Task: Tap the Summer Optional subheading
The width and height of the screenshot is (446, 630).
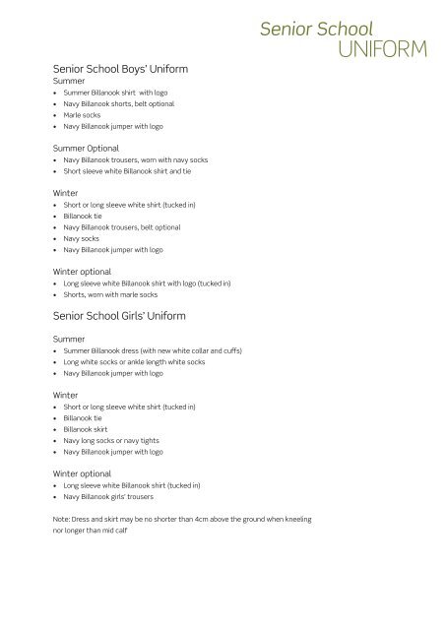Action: [x=84, y=147]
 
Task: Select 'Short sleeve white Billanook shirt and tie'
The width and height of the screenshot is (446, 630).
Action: [x=127, y=171]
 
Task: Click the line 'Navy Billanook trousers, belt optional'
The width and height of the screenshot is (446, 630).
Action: [x=122, y=226]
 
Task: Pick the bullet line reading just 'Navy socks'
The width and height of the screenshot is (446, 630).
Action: [x=83, y=239]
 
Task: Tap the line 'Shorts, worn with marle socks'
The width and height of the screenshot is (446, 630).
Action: [x=110, y=294]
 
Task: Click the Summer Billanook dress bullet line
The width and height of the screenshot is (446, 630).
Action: [x=153, y=350]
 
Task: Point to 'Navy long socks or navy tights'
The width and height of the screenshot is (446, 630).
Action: [x=110, y=442]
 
